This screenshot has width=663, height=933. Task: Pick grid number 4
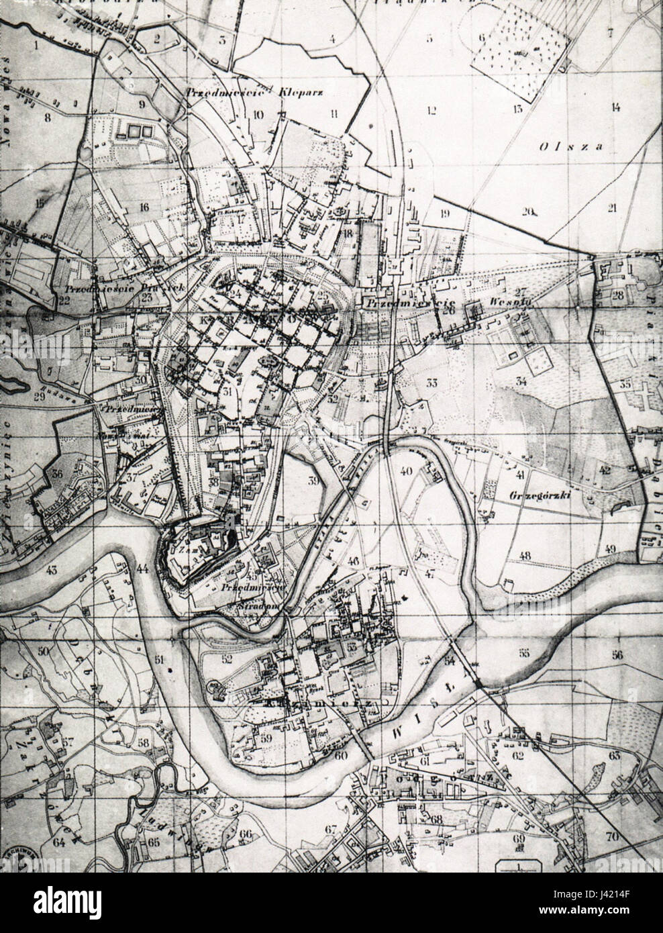click(331, 39)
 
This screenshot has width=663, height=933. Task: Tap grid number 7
click(610, 32)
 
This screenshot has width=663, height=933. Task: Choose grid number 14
click(615, 107)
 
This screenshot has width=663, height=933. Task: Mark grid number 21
click(611, 208)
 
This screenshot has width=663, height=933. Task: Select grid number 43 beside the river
click(51, 571)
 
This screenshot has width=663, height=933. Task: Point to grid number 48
click(525, 555)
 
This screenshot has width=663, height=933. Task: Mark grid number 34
click(521, 381)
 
